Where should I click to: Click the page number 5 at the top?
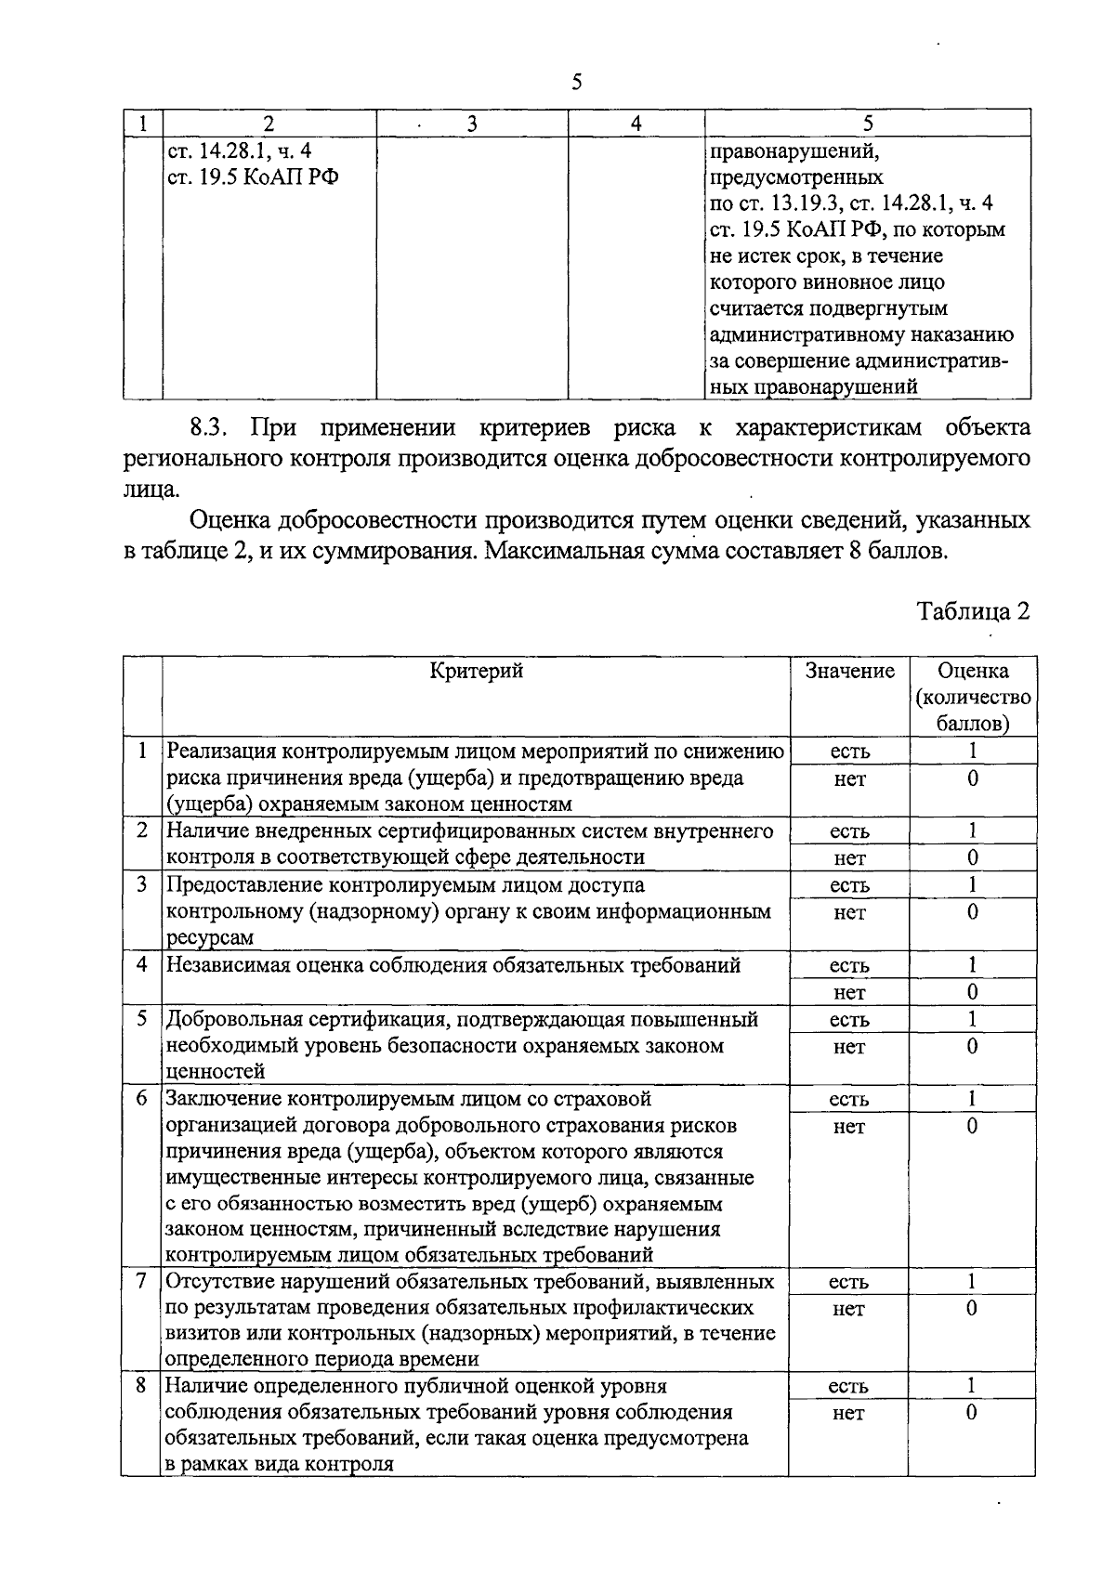pos(576,83)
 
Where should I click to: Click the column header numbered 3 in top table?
pos(472,124)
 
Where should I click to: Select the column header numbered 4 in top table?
pos(636,124)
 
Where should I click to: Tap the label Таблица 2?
pos(973,611)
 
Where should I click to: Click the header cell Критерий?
pos(476,671)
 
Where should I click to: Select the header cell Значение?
pos(849,671)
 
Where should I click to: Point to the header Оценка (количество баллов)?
pos(973,696)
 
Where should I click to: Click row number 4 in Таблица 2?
pos(142,964)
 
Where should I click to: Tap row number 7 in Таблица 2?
pos(142,1281)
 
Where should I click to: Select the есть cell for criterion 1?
pos(849,751)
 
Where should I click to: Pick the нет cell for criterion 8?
pos(849,1413)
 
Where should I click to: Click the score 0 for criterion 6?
pos(972,1126)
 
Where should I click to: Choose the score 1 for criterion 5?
pos(972,1019)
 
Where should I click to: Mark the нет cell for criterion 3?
pos(849,912)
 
